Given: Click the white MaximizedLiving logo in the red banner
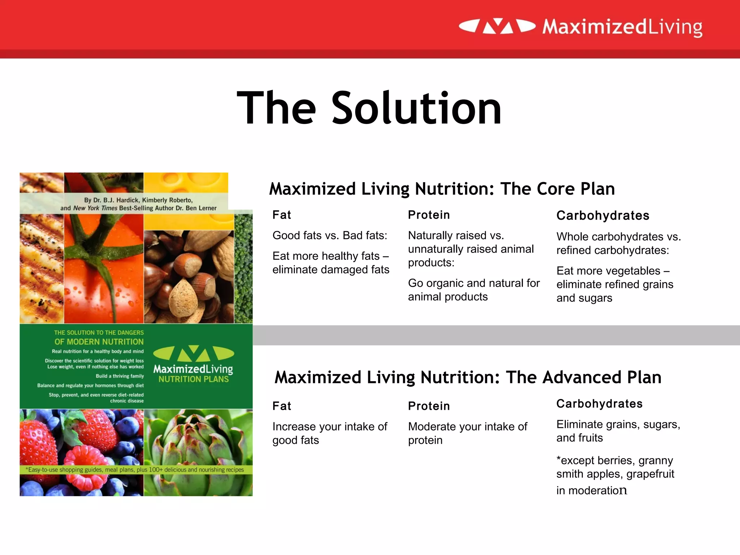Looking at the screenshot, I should click(x=580, y=27).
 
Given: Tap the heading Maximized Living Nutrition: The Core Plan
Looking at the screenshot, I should click(x=442, y=189).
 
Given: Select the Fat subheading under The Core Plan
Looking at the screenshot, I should click(x=281, y=215).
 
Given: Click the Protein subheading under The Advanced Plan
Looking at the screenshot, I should click(x=429, y=406).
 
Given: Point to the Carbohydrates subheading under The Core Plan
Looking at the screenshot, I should click(x=603, y=216).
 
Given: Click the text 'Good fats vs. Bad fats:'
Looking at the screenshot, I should click(x=330, y=236).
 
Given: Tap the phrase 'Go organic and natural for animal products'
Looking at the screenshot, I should click(x=473, y=290).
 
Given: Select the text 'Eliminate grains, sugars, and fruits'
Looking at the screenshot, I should click(x=618, y=431).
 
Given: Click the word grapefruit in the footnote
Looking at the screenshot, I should click(x=650, y=474).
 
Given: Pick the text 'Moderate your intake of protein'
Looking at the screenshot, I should click(x=467, y=433).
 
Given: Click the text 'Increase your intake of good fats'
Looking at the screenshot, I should click(x=330, y=433).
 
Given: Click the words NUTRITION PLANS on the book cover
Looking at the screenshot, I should click(x=193, y=379).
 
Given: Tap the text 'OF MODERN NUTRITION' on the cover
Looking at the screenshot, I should click(x=99, y=342).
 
